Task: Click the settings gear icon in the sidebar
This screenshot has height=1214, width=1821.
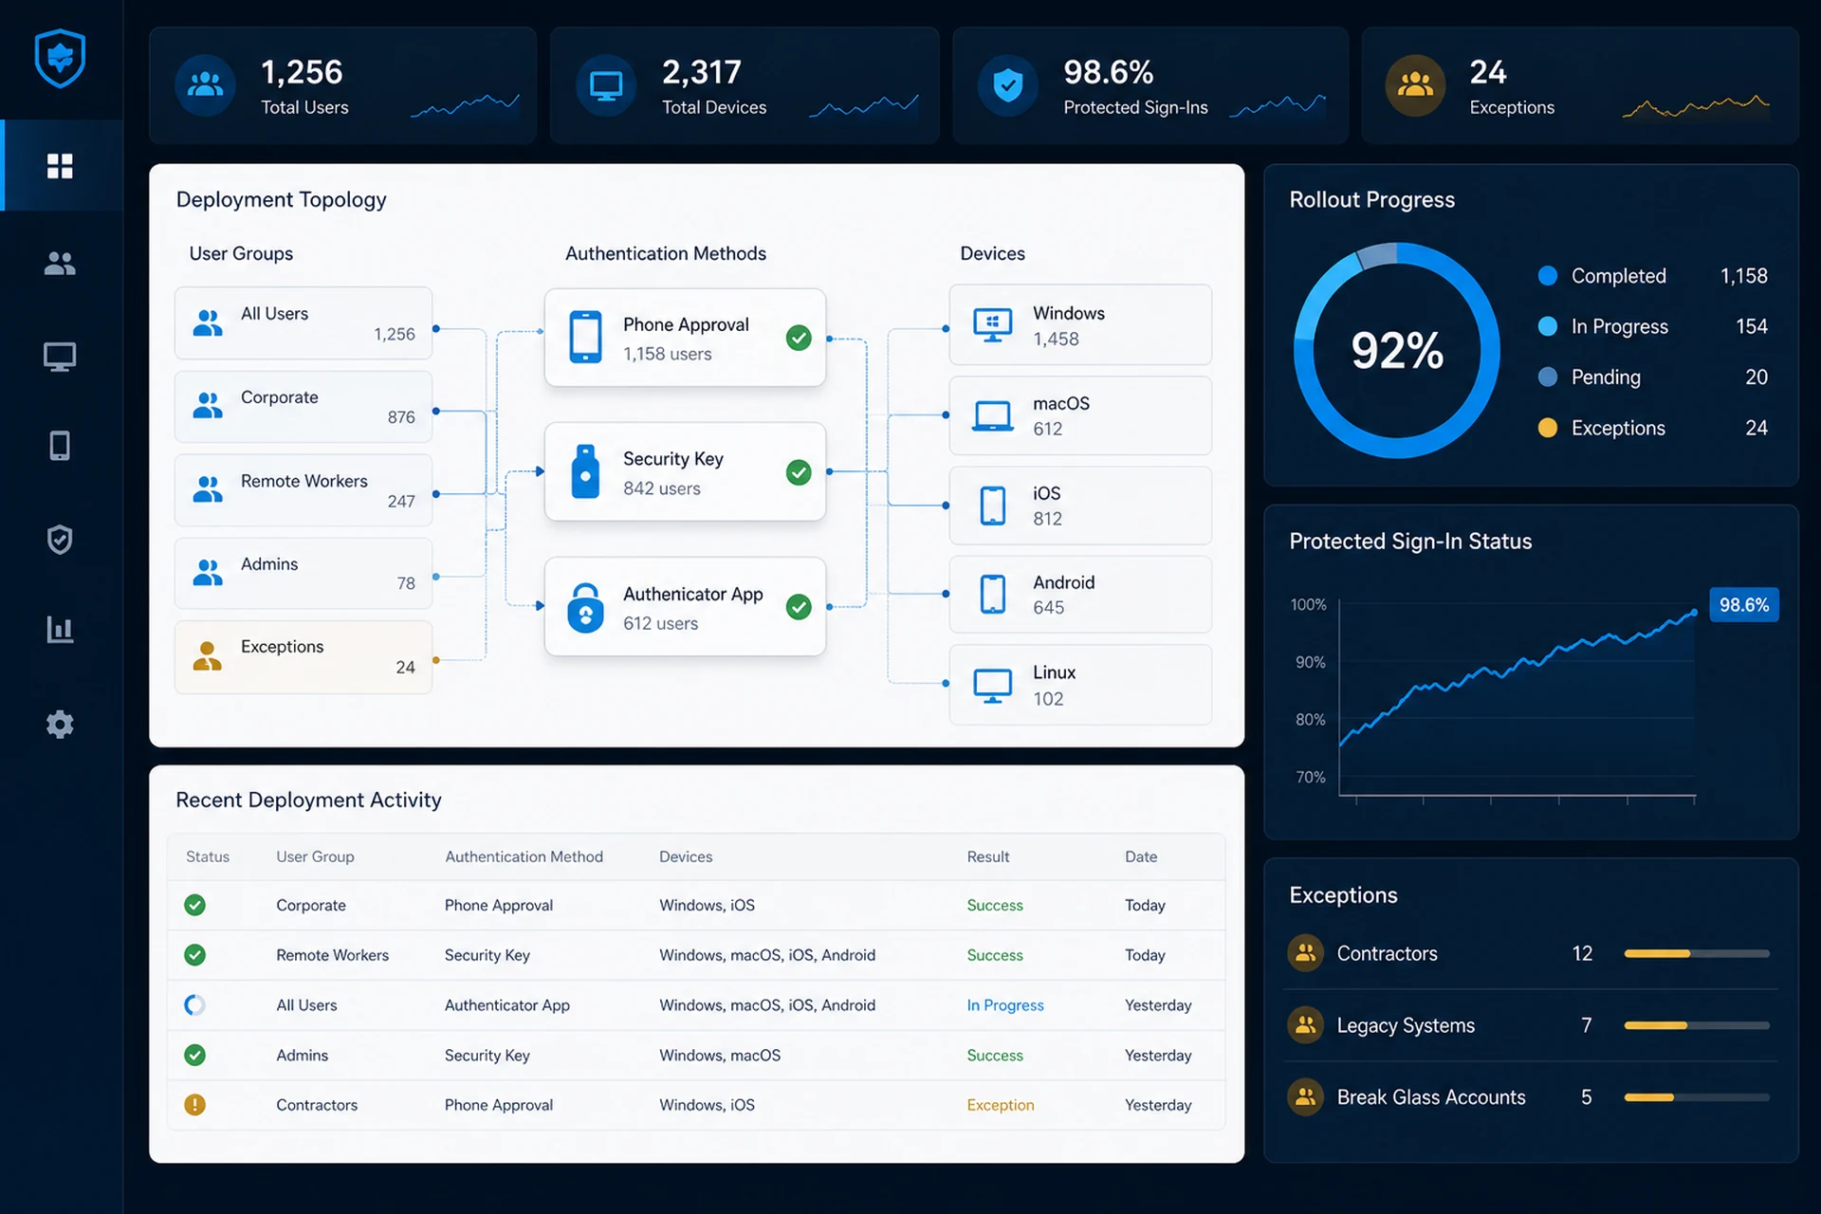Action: tap(60, 725)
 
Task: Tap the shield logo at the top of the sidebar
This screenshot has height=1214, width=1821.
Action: tap(60, 58)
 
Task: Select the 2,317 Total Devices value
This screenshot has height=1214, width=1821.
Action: tap(702, 72)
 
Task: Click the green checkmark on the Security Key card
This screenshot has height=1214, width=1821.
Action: tap(799, 472)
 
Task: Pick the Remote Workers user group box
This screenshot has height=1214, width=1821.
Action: tap(303, 490)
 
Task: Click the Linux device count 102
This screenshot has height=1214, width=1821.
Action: tap(1048, 699)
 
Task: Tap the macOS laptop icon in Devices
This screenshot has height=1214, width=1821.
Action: tap(993, 415)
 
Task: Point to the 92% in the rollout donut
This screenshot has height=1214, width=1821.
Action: tap(1397, 351)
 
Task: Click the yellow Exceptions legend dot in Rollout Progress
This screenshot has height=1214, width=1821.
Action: tap(1548, 428)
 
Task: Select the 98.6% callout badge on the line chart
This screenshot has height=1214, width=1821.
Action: tap(1744, 605)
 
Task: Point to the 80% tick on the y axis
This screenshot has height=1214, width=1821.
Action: tap(1311, 720)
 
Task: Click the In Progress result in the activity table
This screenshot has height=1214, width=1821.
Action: tap(1005, 1005)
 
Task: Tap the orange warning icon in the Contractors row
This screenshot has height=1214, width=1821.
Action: tap(195, 1105)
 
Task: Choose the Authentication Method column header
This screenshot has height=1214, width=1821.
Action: tap(524, 856)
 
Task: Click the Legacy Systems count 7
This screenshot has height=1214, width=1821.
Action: tap(1586, 1025)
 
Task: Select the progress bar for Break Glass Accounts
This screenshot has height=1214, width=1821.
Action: tap(1697, 1097)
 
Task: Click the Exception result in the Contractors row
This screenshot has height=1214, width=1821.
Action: tap(1001, 1105)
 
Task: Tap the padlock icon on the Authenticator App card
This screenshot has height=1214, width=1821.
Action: tap(585, 607)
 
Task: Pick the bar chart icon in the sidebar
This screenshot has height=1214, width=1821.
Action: tap(60, 629)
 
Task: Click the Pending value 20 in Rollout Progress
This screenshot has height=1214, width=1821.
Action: tap(1757, 377)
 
